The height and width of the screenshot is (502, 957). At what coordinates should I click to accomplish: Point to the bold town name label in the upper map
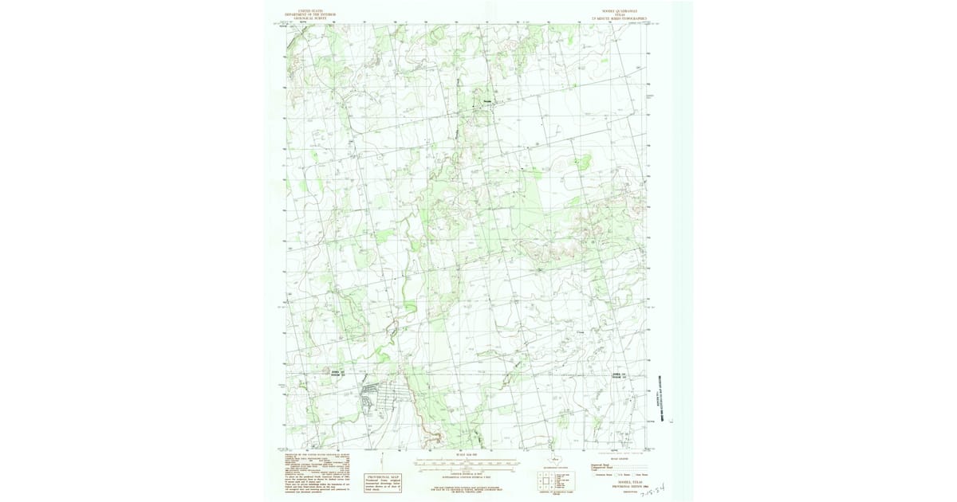point(488,101)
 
